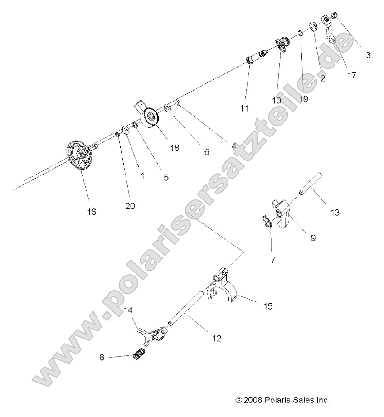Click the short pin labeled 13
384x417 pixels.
[x=311, y=185]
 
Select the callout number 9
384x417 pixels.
[x=313, y=237]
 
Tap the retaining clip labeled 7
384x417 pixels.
[x=267, y=220]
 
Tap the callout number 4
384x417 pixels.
[x=234, y=146]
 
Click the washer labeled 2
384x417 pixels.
[x=312, y=26]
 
